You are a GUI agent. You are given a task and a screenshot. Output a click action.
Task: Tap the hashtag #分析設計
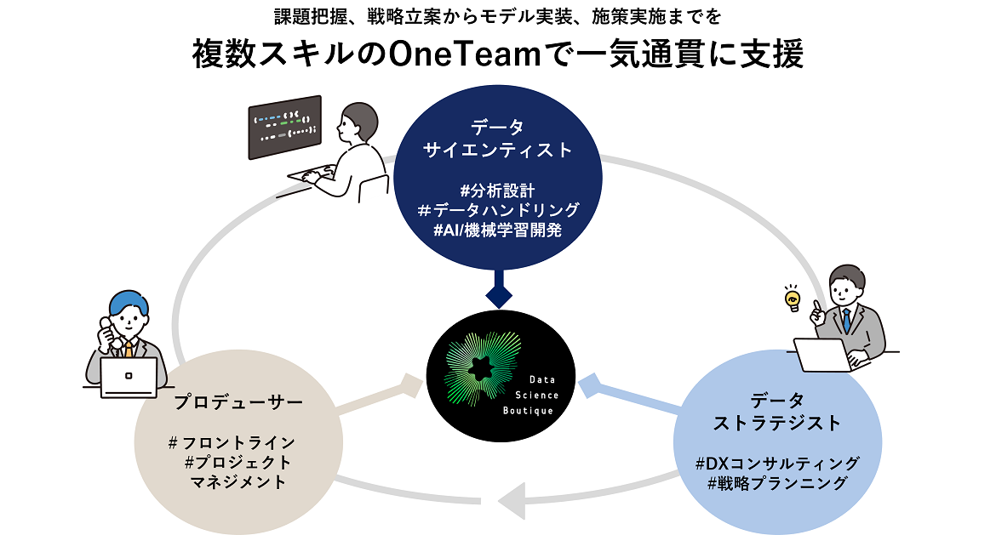pyautogui.click(x=497, y=189)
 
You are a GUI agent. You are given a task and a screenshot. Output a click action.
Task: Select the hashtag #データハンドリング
pyautogui.click(x=498, y=210)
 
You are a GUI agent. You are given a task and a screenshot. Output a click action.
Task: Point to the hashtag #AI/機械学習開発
pyautogui.click(x=497, y=231)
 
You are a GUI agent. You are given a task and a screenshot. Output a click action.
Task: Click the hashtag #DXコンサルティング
pyautogui.click(x=776, y=464)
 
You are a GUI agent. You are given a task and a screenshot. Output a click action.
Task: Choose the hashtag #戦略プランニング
pyautogui.click(x=776, y=484)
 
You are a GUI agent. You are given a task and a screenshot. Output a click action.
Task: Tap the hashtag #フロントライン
pyautogui.click(x=232, y=442)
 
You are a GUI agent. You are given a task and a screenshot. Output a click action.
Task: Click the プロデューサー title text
pyautogui.click(x=238, y=401)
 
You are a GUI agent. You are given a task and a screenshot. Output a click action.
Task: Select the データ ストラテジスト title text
pyautogui.click(x=777, y=412)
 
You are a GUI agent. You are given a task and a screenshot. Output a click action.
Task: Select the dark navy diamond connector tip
pyautogui.click(x=498, y=296)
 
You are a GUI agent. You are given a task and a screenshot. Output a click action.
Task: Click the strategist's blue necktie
pyautogui.click(x=846, y=320)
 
